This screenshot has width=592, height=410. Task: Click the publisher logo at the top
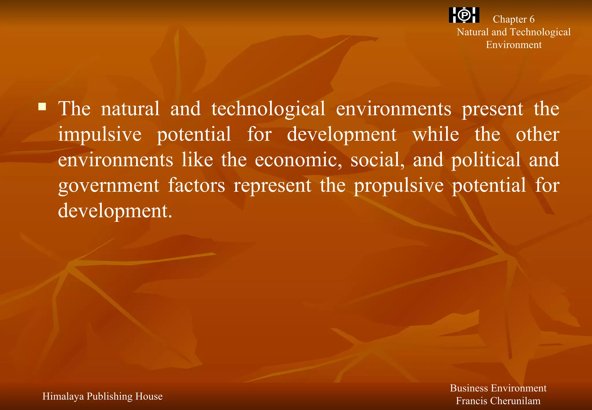coord(464,15)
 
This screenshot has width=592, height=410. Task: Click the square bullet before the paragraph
coord(42,107)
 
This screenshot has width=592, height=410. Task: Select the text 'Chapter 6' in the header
coord(513,19)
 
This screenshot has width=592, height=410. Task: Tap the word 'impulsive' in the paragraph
coord(100,134)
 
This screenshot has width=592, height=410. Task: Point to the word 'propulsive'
coord(399,185)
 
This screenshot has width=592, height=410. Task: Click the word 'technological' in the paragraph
coord(268,109)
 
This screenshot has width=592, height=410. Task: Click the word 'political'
coord(486,160)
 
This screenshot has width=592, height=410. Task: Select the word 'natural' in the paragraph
coord(130,109)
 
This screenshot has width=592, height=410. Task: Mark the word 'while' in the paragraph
coord(436,134)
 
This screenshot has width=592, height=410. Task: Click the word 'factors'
coord(197,185)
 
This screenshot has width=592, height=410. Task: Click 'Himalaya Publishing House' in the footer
coord(102,396)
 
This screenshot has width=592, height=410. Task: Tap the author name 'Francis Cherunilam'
coord(498,401)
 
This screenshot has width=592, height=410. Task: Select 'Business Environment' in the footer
coord(498,388)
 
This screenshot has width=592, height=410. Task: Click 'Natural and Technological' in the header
coord(513,32)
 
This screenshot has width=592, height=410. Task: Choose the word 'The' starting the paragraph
coord(74,109)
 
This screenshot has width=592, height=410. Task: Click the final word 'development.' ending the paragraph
coord(115,211)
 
